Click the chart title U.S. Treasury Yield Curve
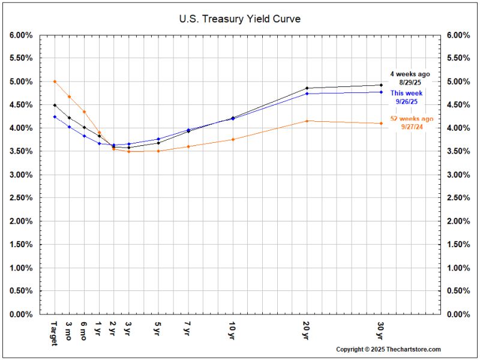click(x=240, y=19)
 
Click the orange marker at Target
click(x=55, y=81)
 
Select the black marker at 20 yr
click(x=307, y=88)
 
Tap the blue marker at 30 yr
click(x=381, y=92)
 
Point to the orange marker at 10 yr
click(x=233, y=139)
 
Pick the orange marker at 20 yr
click(x=307, y=121)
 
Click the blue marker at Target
click(x=55, y=116)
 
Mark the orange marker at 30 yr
click(x=381, y=124)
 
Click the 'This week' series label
click(x=406, y=93)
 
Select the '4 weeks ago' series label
click(x=410, y=74)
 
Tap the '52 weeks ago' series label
click(x=412, y=119)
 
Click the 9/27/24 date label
click(x=413, y=128)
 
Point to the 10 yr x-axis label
click(x=233, y=329)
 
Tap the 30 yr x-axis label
click(x=381, y=329)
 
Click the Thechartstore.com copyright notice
click(x=388, y=349)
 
